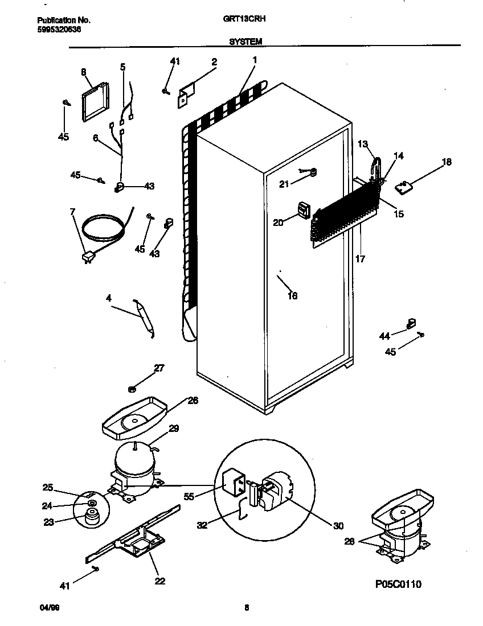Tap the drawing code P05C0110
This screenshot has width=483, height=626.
[x=398, y=584]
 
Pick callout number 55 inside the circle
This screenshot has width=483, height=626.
[x=189, y=496]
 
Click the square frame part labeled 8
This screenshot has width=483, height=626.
[x=95, y=102]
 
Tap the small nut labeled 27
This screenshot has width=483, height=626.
[x=132, y=389]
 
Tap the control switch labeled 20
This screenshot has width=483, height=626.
[x=304, y=211]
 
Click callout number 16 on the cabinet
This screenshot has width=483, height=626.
[x=293, y=295]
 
